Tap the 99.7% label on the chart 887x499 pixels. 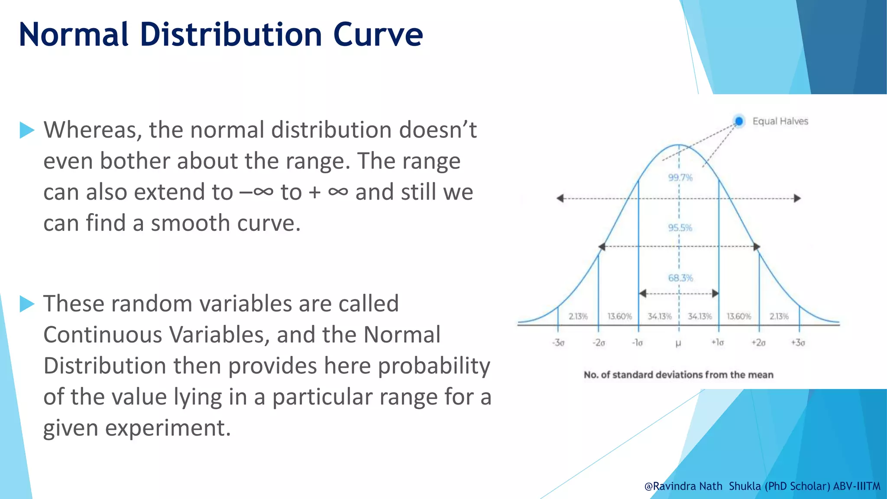point(680,178)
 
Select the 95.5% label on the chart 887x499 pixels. point(680,228)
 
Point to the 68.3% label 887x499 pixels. point(680,278)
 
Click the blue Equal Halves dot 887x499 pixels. point(739,121)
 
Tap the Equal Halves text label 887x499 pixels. point(780,121)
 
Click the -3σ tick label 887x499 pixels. point(558,343)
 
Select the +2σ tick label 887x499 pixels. point(758,343)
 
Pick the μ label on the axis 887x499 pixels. point(678,343)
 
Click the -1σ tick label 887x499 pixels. point(638,343)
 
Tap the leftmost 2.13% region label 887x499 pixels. point(578,317)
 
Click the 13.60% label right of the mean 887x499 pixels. point(738,317)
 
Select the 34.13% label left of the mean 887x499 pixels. point(659,317)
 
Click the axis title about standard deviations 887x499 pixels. point(678,375)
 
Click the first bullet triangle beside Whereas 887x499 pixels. point(27,130)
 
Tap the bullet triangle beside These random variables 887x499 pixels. point(27,304)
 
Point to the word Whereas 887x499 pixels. point(93,130)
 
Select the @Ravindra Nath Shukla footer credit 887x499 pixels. point(762,486)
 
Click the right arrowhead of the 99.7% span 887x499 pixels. point(797,198)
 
